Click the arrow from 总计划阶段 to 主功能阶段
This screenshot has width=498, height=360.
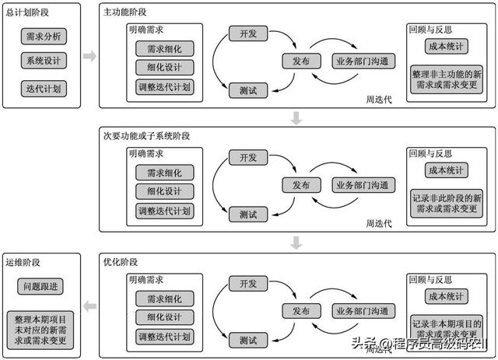[89, 56]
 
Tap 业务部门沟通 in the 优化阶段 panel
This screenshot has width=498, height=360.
[363, 312]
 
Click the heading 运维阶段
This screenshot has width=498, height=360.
[23, 262]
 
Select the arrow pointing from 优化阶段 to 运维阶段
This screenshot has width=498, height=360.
[89, 306]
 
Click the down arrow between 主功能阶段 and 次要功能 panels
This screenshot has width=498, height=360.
[296, 117]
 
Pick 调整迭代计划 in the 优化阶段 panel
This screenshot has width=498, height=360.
[164, 337]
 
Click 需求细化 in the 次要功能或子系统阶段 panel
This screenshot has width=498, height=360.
[164, 173]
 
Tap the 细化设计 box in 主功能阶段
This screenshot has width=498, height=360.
[164, 68]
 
